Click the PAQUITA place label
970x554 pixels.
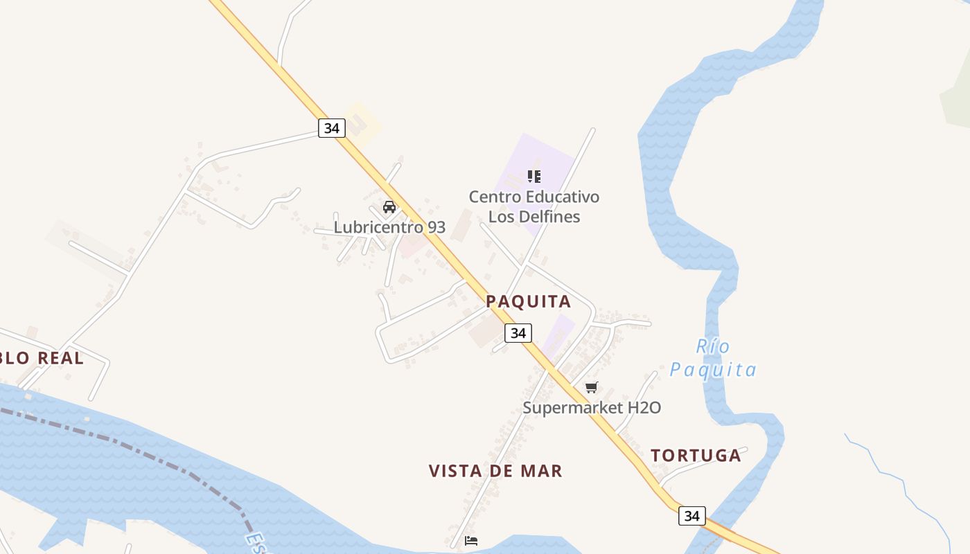pyautogui.click(x=528, y=301)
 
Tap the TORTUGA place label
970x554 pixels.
pyautogui.click(x=696, y=456)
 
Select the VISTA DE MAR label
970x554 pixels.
pyautogui.click(x=495, y=471)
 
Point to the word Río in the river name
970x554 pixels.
pyautogui.click(x=713, y=346)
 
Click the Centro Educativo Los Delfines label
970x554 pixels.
pyautogui.click(x=533, y=206)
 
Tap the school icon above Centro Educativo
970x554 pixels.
pyautogui.click(x=533, y=176)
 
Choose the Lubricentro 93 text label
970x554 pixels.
pyautogui.click(x=389, y=227)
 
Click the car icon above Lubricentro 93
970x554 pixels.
pyautogui.click(x=389, y=206)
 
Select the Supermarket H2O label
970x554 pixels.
pyautogui.click(x=592, y=407)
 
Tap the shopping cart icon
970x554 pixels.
pyautogui.click(x=591, y=388)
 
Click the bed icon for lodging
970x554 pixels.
pyautogui.click(x=471, y=541)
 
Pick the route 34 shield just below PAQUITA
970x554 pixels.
pyautogui.click(x=518, y=333)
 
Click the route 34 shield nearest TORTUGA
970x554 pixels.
pyautogui.click(x=691, y=516)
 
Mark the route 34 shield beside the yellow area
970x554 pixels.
pyautogui.click(x=332, y=128)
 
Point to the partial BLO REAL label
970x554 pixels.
pyautogui.click(x=42, y=358)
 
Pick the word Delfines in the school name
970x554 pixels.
pyautogui.click(x=533, y=217)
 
